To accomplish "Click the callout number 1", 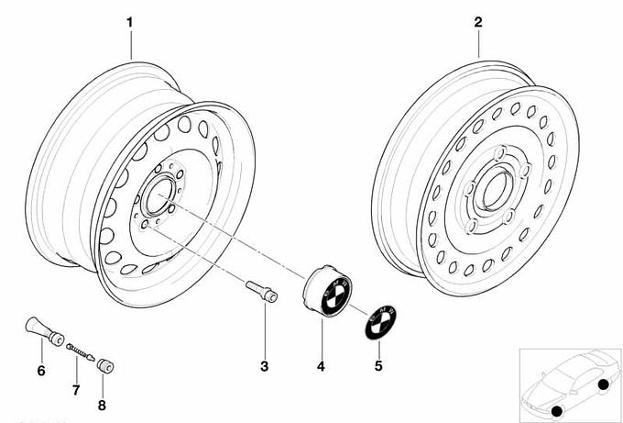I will [130, 21].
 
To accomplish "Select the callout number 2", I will [478, 21].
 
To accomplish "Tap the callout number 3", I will [264, 367].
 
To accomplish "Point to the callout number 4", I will [321, 367].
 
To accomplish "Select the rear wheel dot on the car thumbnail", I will [603, 384].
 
